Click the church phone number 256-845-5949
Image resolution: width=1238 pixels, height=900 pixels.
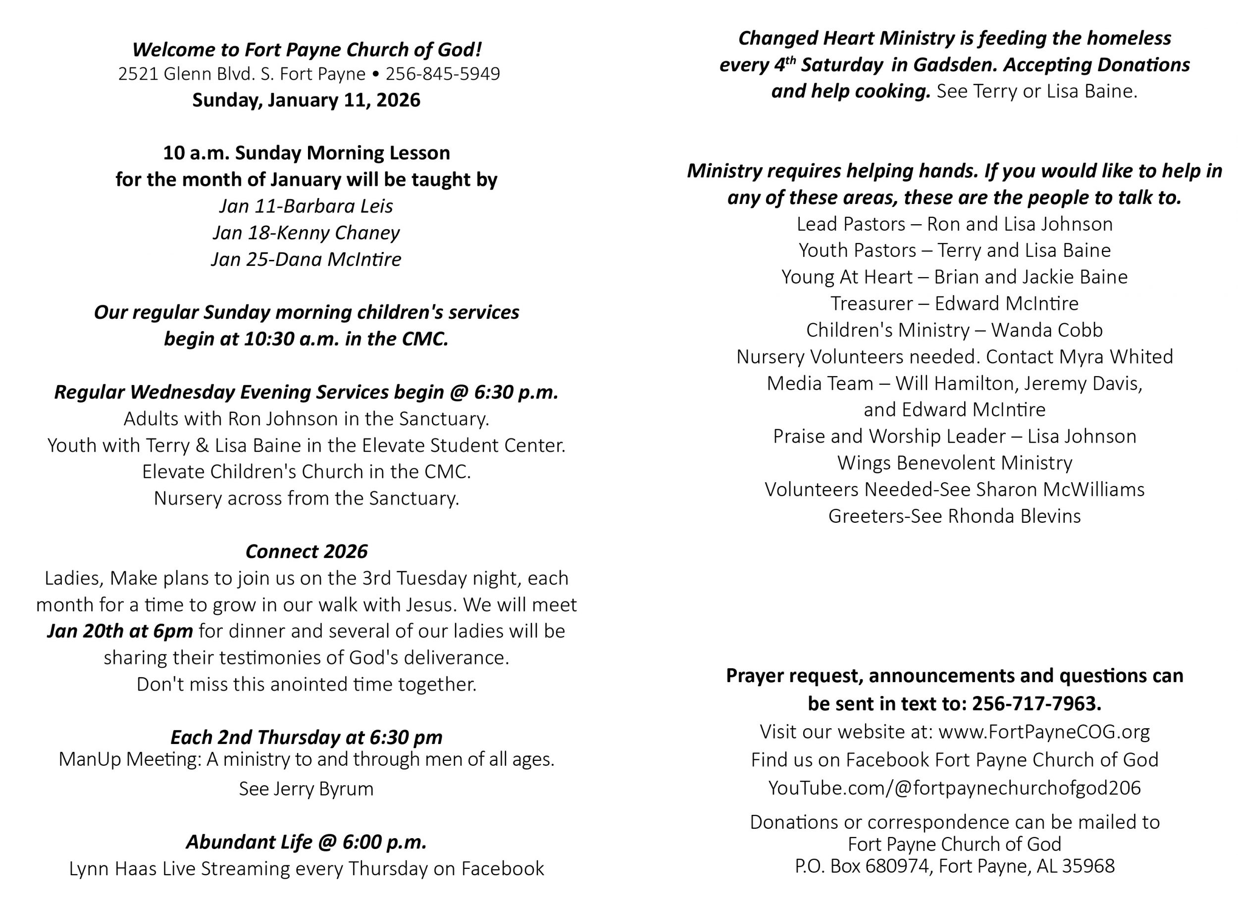click(443, 74)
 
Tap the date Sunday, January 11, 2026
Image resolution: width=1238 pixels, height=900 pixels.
click(306, 100)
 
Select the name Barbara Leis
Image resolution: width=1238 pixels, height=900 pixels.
click(338, 206)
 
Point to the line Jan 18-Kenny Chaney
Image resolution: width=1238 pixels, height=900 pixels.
click(306, 233)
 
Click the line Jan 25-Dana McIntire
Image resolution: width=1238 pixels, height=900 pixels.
click(306, 259)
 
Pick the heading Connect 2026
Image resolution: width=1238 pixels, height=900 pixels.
click(306, 552)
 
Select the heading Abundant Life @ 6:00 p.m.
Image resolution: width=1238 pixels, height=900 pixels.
click(306, 842)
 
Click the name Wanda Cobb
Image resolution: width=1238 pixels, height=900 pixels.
click(1047, 330)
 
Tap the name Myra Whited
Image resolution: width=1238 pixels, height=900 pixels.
click(1116, 357)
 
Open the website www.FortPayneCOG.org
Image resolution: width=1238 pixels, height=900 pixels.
click(1044, 732)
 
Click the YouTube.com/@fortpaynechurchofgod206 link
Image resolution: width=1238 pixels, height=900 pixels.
click(954, 788)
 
